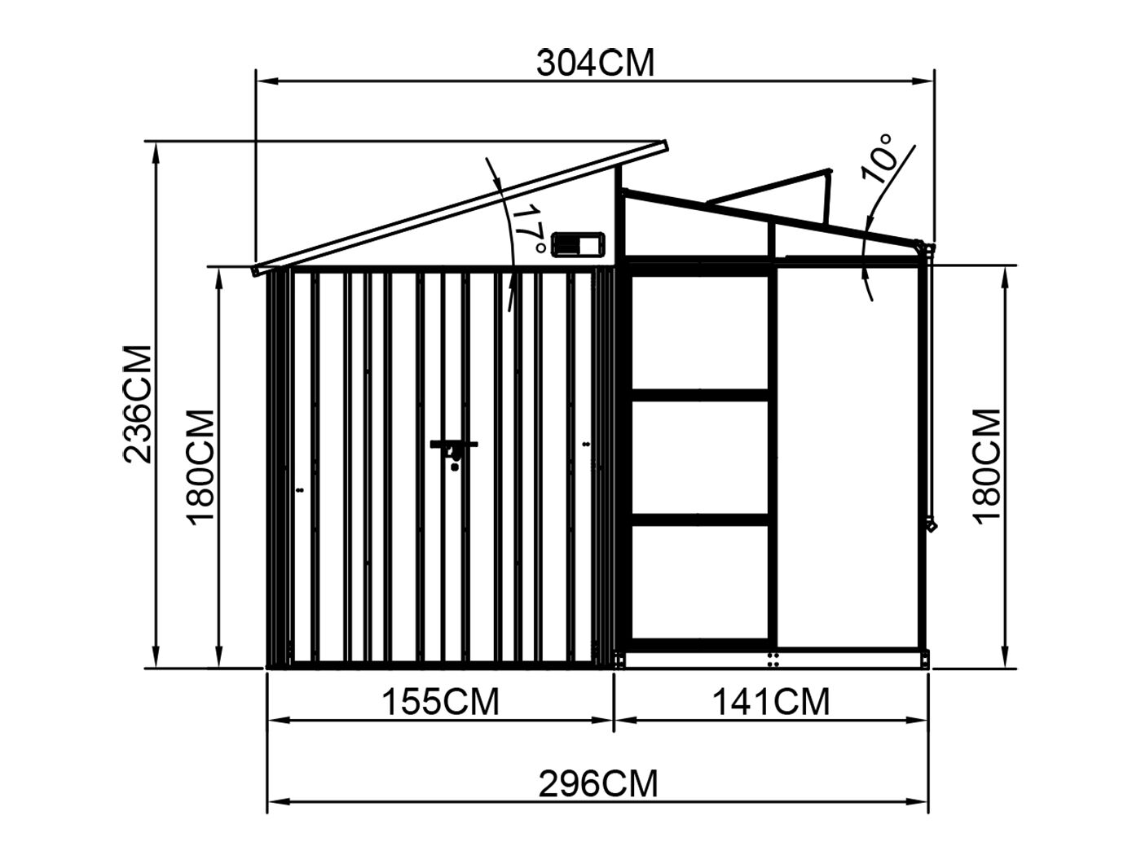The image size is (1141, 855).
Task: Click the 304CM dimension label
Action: click(x=595, y=64)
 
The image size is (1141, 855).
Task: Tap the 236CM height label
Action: click(x=138, y=404)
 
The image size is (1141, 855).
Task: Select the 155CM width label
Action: click(x=440, y=702)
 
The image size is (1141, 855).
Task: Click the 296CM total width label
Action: click(x=597, y=783)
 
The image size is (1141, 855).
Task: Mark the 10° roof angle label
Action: click(x=879, y=158)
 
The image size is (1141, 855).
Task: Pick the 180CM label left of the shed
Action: click(x=200, y=467)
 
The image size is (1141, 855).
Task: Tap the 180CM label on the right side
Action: click(x=986, y=467)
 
